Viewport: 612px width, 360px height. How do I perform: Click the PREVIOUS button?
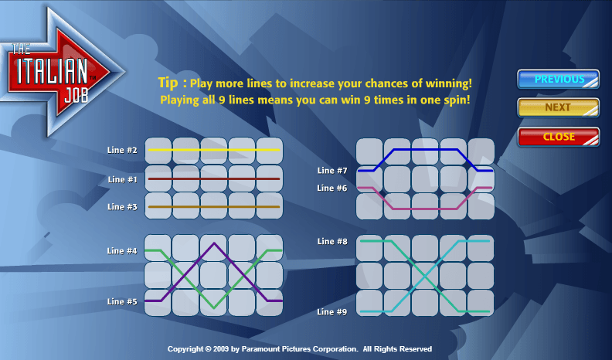point(558,79)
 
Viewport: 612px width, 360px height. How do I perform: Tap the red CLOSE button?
point(558,137)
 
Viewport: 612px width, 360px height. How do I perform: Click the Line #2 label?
point(122,150)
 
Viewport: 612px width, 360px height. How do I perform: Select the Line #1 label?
point(122,179)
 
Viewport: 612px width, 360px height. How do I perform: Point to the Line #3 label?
point(122,207)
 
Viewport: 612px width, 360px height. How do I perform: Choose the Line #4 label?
point(122,251)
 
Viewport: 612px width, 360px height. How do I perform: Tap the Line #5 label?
point(122,301)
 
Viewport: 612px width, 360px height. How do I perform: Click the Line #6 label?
point(332,188)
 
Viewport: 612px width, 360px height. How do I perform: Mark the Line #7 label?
point(332,171)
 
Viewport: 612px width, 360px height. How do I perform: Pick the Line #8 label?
point(332,242)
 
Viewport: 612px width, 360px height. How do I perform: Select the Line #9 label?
point(332,311)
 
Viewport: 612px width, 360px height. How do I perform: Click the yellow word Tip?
point(168,83)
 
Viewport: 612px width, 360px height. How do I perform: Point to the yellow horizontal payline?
point(214,150)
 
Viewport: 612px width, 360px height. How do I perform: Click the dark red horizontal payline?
point(214,179)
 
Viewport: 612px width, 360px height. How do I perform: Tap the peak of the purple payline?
point(214,243)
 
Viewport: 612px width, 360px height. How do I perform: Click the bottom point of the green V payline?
point(214,308)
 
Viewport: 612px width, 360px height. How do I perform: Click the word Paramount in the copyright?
point(260,348)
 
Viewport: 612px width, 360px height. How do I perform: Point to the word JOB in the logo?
point(76,94)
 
